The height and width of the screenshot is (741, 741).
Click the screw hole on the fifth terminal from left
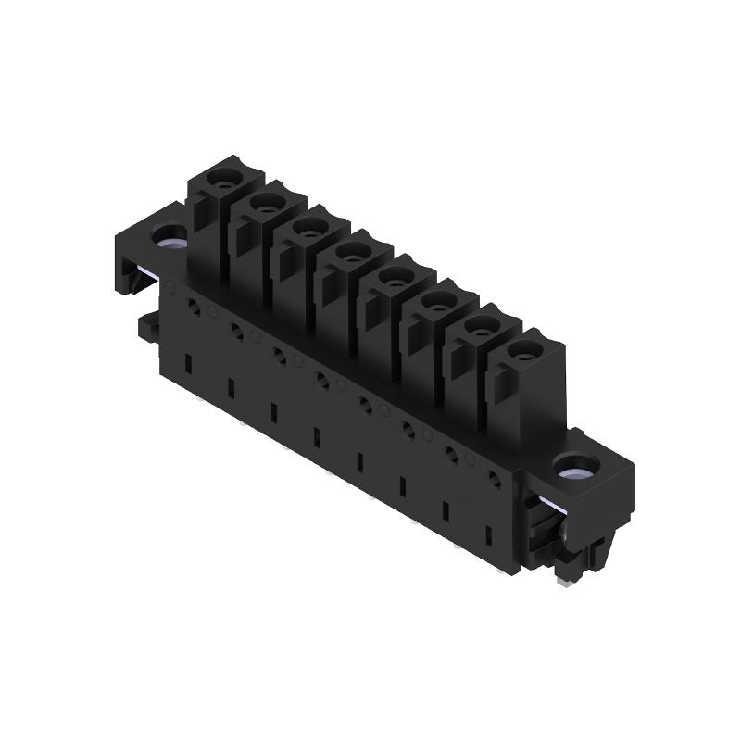pyautogui.click(x=396, y=274)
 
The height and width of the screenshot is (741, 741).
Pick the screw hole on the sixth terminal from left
pyautogui.click(x=438, y=299)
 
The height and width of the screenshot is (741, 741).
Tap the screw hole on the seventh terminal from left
pyautogui.click(x=481, y=324)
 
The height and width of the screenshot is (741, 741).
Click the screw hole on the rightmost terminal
pyautogui.click(x=525, y=349)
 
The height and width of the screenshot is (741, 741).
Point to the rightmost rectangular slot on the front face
pyautogui.click(x=488, y=535)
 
